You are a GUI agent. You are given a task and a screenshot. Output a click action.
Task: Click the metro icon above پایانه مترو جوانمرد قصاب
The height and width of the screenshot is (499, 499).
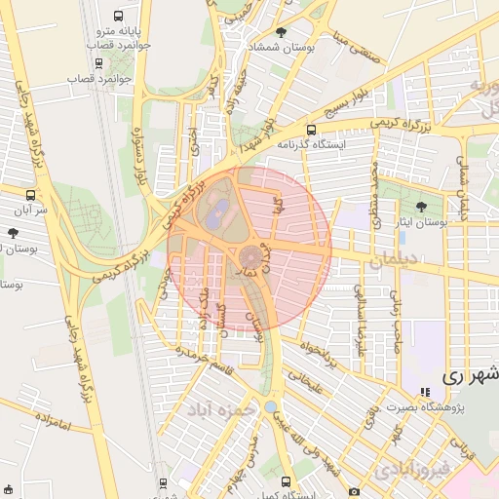click(119, 17)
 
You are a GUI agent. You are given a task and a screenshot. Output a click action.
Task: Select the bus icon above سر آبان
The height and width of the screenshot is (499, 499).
click(30, 194)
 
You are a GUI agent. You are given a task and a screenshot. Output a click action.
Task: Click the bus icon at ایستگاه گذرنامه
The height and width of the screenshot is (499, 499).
click(311, 129)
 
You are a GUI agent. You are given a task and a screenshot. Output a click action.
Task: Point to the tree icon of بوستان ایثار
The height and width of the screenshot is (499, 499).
click(420, 207)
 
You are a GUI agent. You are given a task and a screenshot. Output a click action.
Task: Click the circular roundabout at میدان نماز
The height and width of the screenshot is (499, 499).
click(249, 257)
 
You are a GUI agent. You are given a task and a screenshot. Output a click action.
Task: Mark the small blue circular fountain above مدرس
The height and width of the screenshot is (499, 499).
click(270, 405)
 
